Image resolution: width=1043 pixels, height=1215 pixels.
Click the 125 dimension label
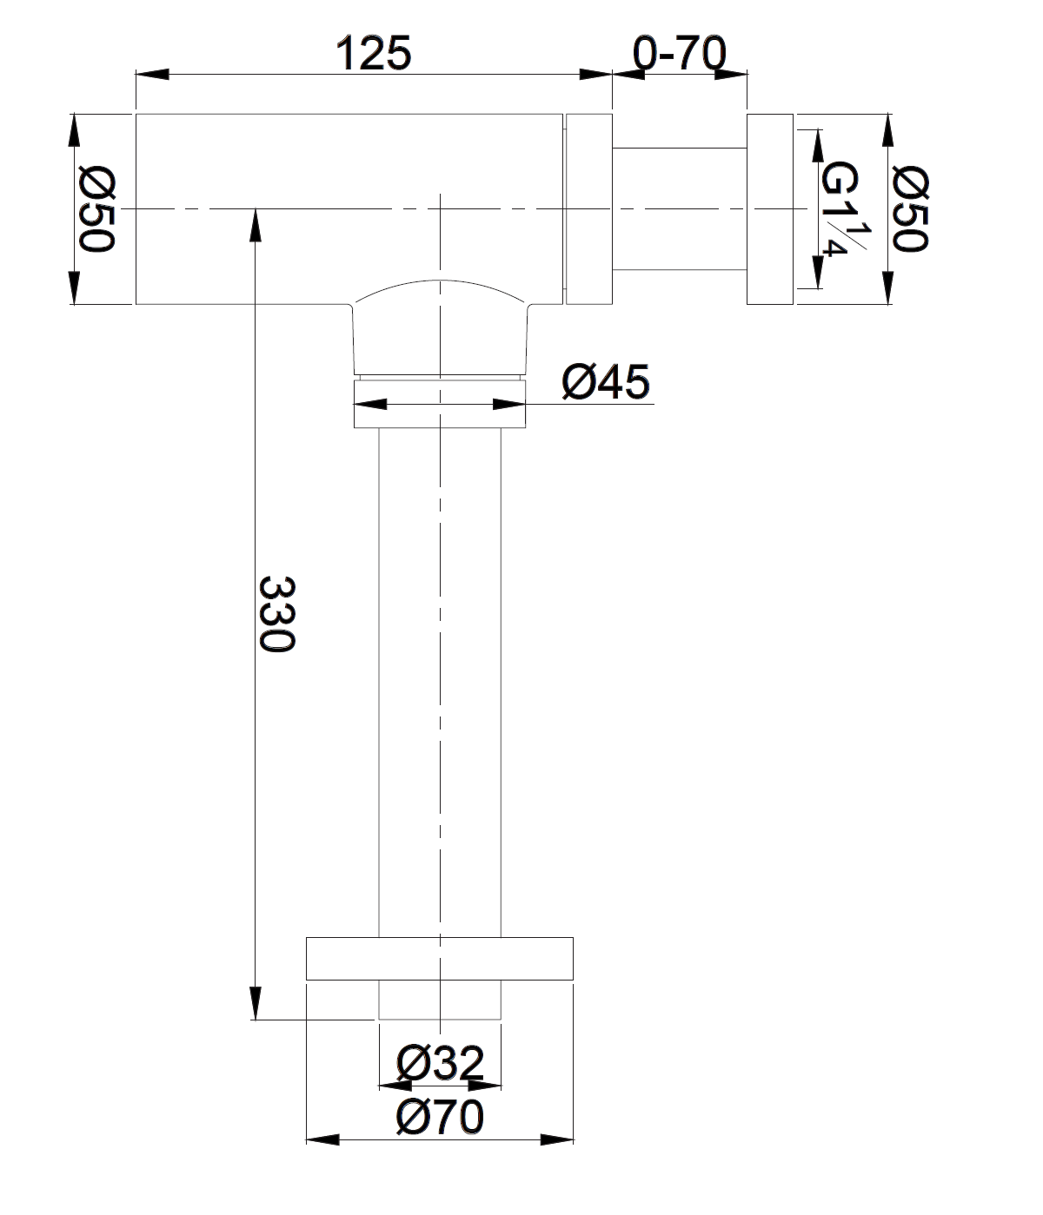click(x=373, y=53)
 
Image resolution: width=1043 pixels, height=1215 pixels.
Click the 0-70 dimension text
click(x=679, y=53)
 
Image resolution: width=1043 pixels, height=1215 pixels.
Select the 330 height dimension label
click(x=276, y=614)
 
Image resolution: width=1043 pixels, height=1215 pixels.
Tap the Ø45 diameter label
click(x=605, y=381)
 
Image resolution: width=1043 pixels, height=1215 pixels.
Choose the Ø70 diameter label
click(x=440, y=1117)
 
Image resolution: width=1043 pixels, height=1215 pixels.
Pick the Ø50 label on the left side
click(x=96, y=209)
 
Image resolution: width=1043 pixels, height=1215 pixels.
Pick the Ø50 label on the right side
click(x=910, y=209)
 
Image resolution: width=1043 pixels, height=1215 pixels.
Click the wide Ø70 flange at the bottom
click(x=440, y=959)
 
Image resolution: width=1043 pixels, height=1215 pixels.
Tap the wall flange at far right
click(x=770, y=209)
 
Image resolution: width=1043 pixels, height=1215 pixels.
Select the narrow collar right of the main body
click(x=588, y=209)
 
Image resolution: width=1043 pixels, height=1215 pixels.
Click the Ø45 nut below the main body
click(x=440, y=405)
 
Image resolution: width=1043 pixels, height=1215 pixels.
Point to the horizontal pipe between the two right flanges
click(x=680, y=209)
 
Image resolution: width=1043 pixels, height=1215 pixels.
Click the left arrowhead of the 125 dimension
click(x=152, y=74)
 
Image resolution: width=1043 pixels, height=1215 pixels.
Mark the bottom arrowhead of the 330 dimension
click(x=256, y=1003)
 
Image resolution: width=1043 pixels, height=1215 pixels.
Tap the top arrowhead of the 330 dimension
click(x=256, y=225)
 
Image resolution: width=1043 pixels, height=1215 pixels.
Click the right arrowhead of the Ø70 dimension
click(x=557, y=1139)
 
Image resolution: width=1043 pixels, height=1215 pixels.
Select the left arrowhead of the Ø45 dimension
click(x=370, y=405)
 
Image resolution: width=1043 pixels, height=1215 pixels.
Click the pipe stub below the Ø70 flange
click(x=440, y=1000)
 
